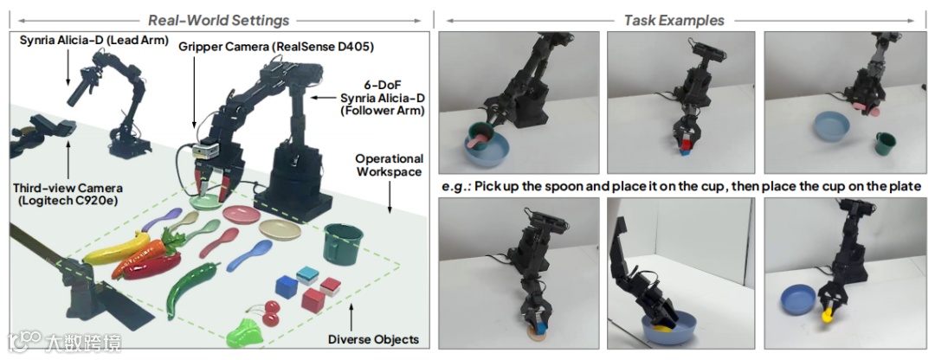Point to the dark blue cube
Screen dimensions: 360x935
point(287,287)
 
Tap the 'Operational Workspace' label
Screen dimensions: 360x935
point(389,164)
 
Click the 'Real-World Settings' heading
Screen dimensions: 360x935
point(219,20)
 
